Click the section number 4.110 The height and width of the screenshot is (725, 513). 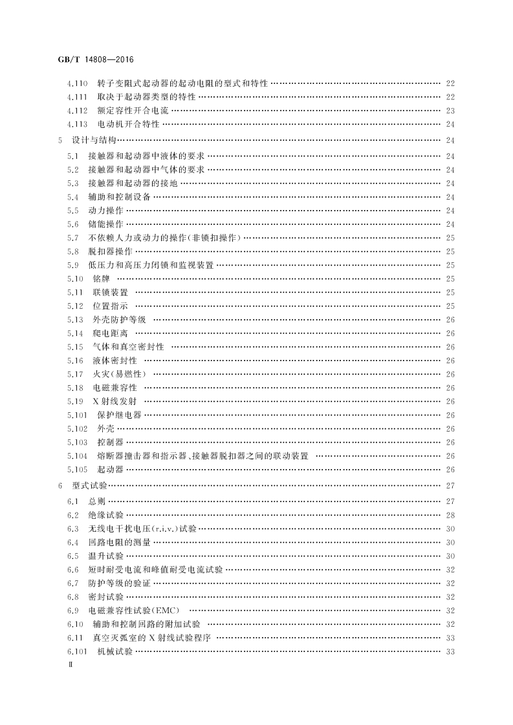click(x=78, y=84)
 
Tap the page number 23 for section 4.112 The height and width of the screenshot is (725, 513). click(x=450, y=110)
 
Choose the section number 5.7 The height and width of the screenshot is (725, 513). click(x=72, y=238)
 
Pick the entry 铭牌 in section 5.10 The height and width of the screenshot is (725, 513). click(x=101, y=278)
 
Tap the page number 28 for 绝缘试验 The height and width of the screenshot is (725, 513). click(x=450, y=514)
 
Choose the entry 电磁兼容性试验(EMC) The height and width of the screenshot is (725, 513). click(x=133, y=610)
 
